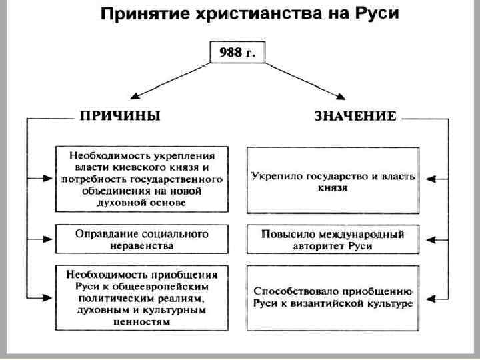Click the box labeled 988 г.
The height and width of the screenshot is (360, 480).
237,53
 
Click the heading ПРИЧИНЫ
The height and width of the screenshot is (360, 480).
120,115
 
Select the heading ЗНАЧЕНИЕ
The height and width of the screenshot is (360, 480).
355,116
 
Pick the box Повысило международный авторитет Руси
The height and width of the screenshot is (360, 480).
333,240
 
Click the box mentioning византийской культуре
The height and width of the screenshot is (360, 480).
333,297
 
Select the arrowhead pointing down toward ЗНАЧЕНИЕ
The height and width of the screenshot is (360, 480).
344,97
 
